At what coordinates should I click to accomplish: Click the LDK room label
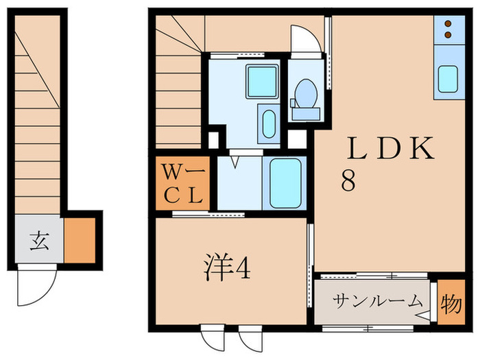[x=391, y=149]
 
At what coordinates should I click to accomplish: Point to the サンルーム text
[x=378, y=301]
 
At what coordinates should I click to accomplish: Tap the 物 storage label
[x=451, y=303]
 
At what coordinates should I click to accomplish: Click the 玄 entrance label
[x=38, y=241]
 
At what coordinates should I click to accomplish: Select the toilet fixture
[x=304, y=95]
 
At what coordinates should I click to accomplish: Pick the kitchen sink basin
[x=449, y=79]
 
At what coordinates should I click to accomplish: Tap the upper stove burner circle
[x=448, y=23]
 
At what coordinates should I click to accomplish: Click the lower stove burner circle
[x=448, y=34]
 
